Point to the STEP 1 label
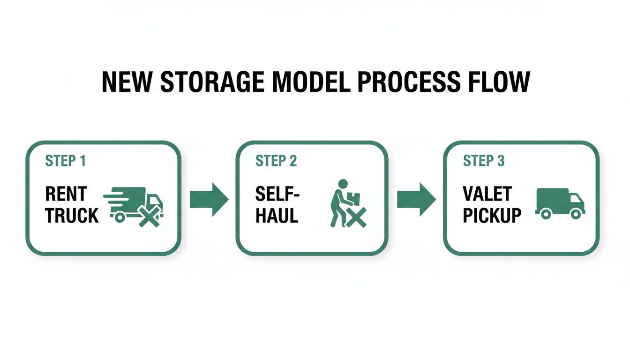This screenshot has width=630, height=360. [x=66, y=161]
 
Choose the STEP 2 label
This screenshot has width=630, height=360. [x=276, y=161]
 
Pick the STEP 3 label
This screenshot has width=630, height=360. [x=484, y=161]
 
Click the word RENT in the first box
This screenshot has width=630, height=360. [x=66, y=194]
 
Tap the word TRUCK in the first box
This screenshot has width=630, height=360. [x=72, y=215]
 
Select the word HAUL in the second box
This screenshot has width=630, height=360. [x=277, y=215]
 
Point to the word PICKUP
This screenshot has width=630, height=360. [x=492, y=215]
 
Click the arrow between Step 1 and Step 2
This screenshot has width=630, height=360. [x=209, y=199]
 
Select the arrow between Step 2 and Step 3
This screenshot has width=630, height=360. [x=416, y=199]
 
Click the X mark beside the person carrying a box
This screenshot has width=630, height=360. [x=357, y=218]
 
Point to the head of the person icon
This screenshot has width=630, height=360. [x=343, y=184]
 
